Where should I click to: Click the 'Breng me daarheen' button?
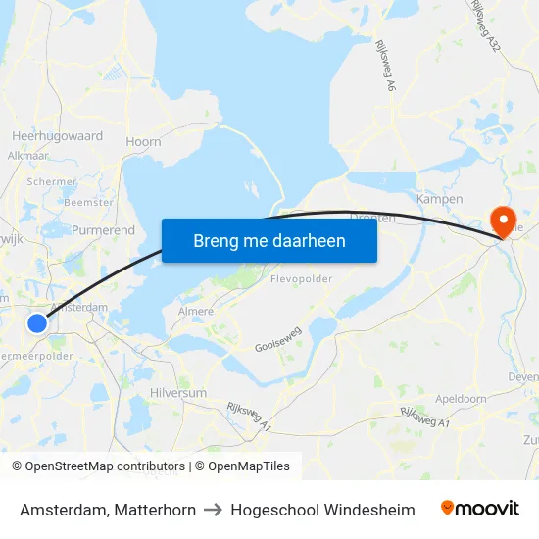[269, 240]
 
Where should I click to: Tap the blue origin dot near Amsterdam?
[37, 322]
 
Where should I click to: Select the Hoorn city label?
[143, 142]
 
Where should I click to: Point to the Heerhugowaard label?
[57, 136]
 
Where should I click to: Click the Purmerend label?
[103, 230]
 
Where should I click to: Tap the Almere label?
[196, 312]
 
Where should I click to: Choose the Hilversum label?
[178, 392]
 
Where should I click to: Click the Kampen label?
[439, 199]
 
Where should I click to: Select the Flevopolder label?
[302, 278]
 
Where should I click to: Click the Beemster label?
[88, 202]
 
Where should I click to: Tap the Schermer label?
[52, 182]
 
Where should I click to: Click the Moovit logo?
[480, 509]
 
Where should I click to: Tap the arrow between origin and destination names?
[211, 510]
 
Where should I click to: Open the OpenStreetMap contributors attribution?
[98, 466]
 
